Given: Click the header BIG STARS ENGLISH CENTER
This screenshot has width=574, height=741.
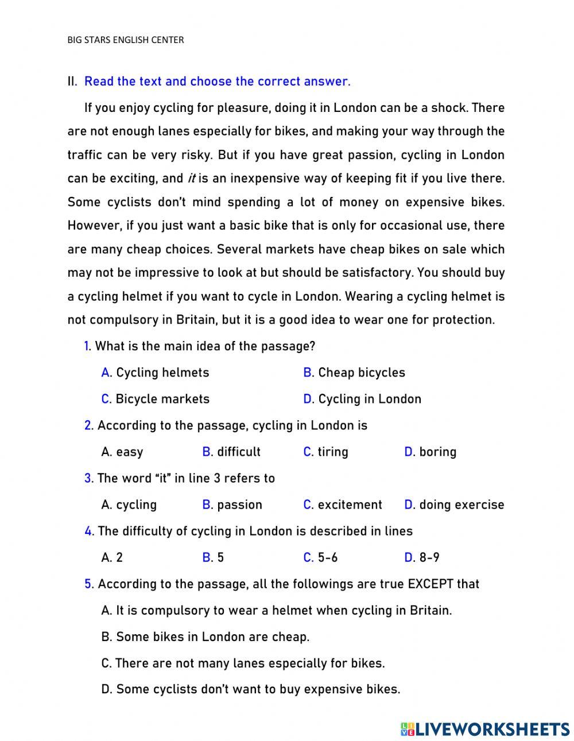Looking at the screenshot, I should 126,40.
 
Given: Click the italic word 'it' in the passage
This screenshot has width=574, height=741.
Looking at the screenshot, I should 192,179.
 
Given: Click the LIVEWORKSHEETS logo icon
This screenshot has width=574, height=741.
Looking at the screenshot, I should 408,729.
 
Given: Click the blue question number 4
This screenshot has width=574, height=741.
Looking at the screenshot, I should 88,531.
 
